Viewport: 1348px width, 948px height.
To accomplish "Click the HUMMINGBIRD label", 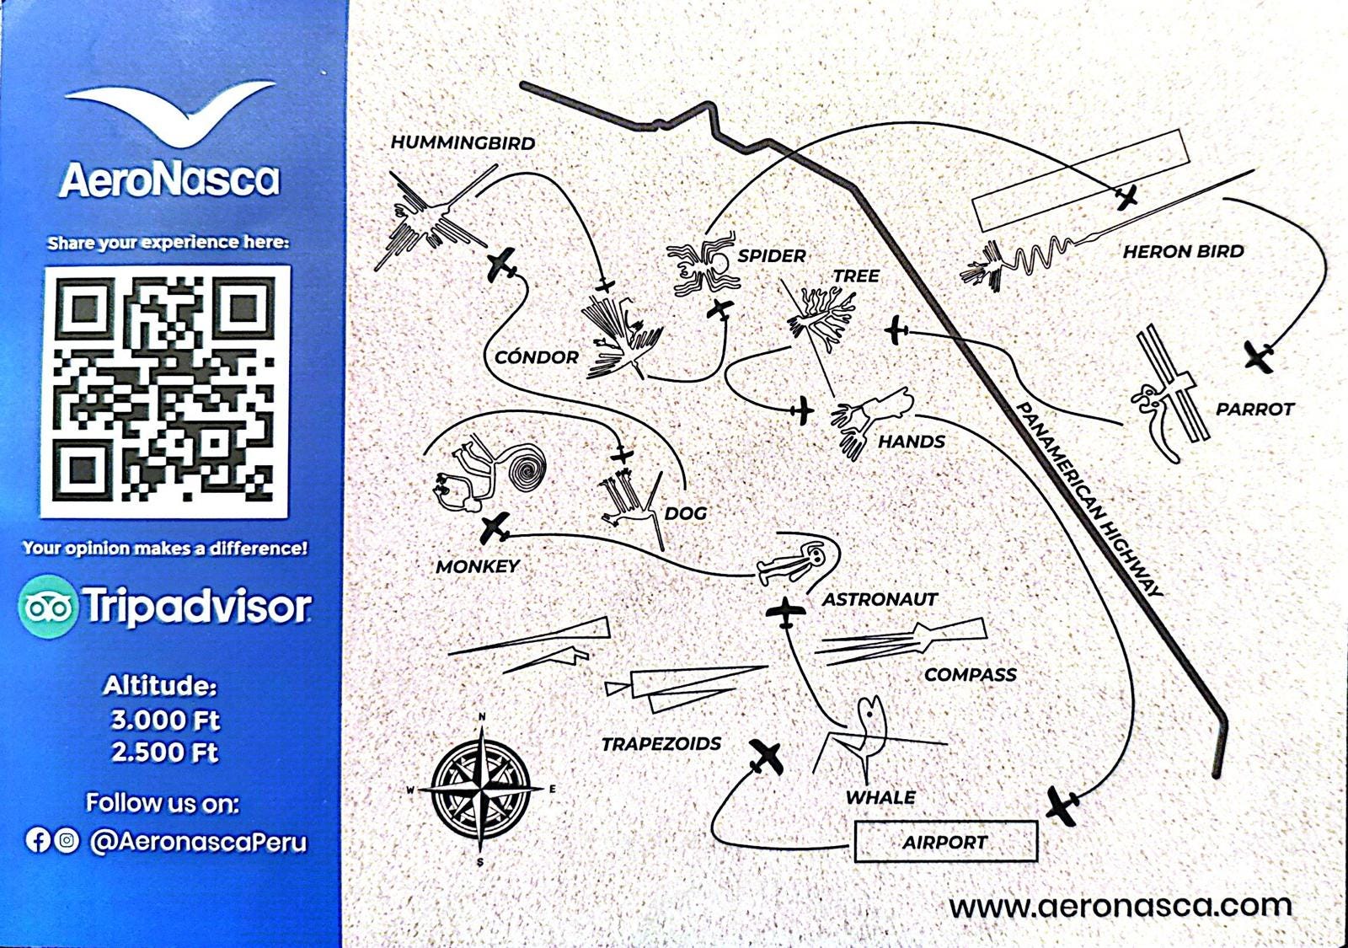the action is pyautogui.click(x=463, y=143).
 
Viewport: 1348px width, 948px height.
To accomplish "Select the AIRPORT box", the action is pyautogui.click(x=945, y=842).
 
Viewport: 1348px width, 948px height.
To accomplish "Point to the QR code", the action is pyautogui.click(x=165, y=392).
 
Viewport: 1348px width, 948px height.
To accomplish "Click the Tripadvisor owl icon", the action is pyautogui.click(x=47, y=607).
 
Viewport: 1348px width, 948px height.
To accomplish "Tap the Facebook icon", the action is pyautogui.click(x=37, y=840).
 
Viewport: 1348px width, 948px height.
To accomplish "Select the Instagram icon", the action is pyautogui.click(x=67, y=840).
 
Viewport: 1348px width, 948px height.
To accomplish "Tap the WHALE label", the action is pyautogui.click(x=880, y=797).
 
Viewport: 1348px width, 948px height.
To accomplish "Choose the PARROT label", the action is pyautogui.click(x=1254, y=410).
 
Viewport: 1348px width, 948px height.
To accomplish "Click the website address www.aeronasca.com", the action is pyautogui.click(x=1120, y=907).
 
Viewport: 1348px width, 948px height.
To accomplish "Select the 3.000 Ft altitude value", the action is pyautogui.click(x=165, y=720).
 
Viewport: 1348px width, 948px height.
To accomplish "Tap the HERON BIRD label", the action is pyautogui.click(x=1183, y=251).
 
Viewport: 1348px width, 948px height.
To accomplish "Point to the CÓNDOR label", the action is pyautogui.click(x=536, y=357).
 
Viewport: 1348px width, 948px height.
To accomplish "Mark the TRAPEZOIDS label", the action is pyautogui.click(x=661, y=744).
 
